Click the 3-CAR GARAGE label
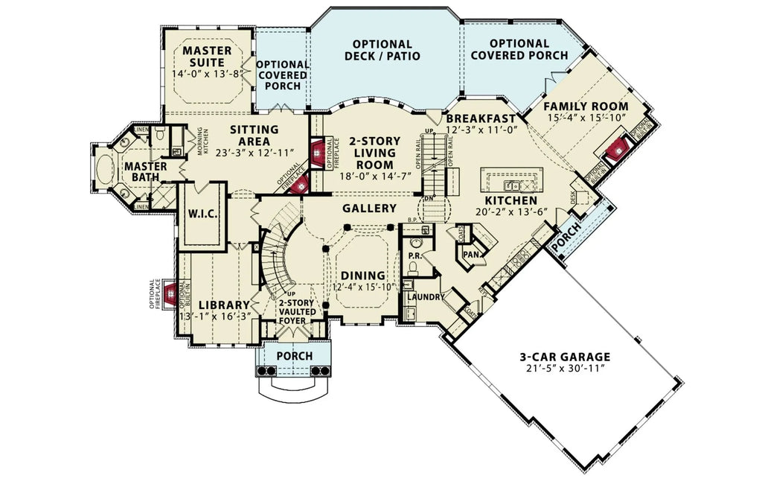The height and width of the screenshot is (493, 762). (565, 357)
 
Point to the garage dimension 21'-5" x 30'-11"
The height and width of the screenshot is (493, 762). (565, 369)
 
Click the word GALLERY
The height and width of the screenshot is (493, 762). (369, 208)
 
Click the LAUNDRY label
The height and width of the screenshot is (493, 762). (426, 297)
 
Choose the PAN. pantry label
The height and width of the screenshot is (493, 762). (470, 254)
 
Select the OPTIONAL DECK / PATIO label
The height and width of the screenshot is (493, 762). (382, 50)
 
